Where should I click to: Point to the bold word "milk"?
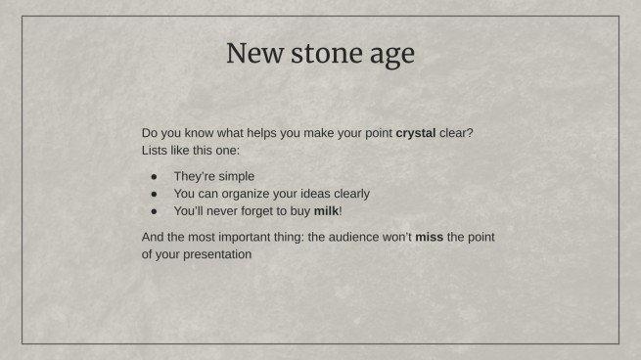[326, 210]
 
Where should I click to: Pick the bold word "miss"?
[429, 237]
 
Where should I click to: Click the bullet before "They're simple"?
[154, 177]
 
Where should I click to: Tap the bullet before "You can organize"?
[154, 194]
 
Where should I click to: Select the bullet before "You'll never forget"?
[154, 210]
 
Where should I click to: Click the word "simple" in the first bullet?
[234, 177]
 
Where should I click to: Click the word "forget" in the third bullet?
[259, 210]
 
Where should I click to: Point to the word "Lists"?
[157, 151]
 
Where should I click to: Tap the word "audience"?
[357, 237]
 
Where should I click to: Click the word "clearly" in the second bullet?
[350, 194]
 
